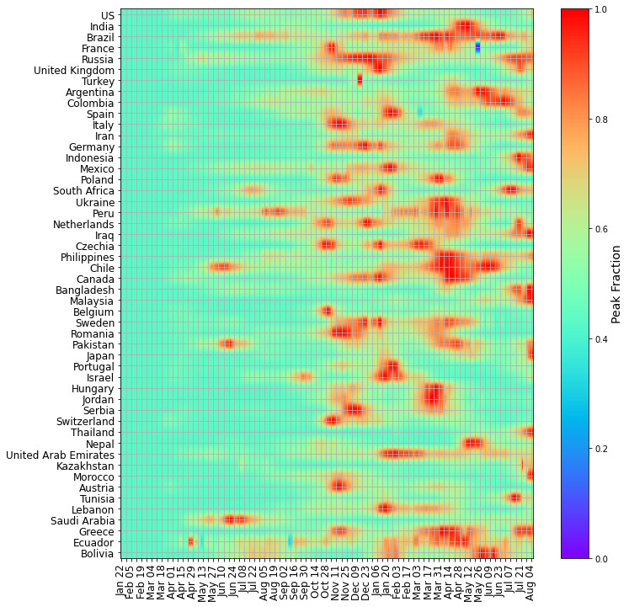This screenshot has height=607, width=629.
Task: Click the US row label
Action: (108, 15)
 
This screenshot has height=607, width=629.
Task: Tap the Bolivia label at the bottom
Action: (98, 554)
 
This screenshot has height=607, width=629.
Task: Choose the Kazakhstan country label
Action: (86, 466)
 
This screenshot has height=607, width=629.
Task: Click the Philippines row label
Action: (88, 257)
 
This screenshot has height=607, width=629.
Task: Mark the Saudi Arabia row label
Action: (83, 521)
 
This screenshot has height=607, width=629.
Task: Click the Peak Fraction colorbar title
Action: (616, 284)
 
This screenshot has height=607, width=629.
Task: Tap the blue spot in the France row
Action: (477, 47)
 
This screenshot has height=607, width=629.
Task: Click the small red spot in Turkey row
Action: (360, 80)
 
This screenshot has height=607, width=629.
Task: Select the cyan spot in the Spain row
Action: (419, 112)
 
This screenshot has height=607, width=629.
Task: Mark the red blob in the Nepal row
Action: (473, 443)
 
